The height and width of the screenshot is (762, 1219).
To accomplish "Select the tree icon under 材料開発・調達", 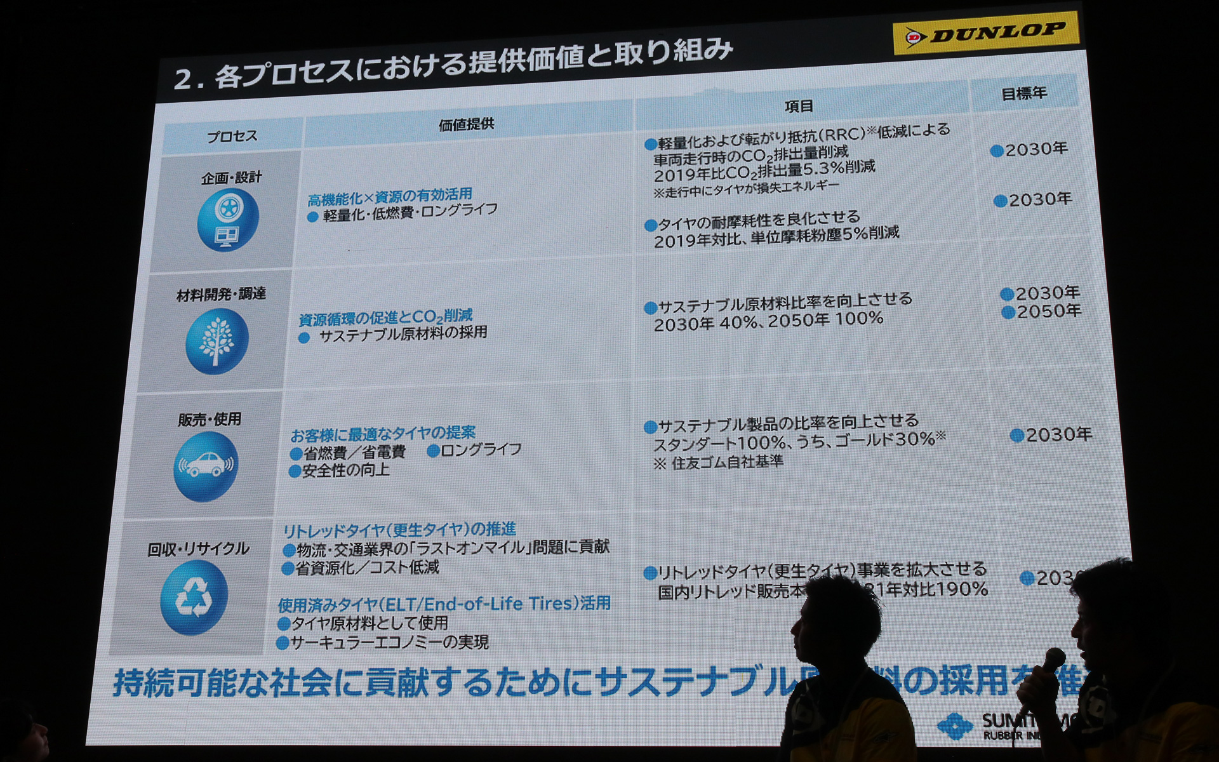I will (216, 342).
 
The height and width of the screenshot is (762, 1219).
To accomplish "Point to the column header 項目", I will (799, 106).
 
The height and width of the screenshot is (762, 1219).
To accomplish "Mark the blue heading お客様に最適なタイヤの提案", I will (383, 434).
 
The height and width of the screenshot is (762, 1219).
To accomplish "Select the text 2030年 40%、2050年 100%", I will (768, 321).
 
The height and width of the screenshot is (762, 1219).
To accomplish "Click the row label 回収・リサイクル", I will (198, 549).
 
